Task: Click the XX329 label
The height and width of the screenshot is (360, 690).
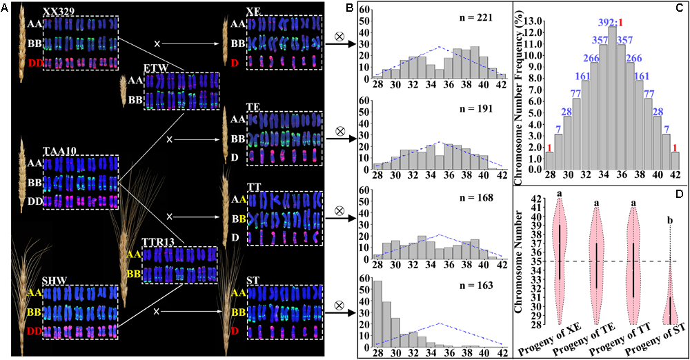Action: (x=57, y=12)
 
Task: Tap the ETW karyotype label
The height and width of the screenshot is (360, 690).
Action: (x=156, y=68)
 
